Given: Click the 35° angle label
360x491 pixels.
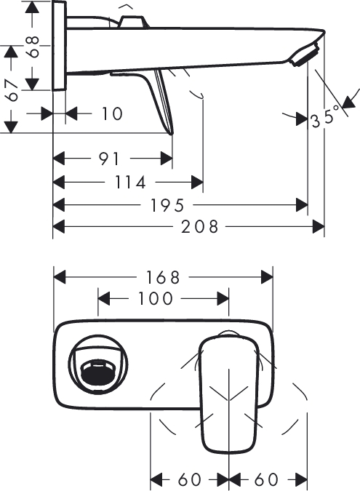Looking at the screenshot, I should pos(325,119).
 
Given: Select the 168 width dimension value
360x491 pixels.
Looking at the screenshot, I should pos(163,277).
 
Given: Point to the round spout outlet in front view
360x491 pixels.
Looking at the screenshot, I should pos(100,365).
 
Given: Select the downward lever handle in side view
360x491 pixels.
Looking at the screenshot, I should pos(163,98).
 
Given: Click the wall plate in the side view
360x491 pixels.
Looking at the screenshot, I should pos(60,45).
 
